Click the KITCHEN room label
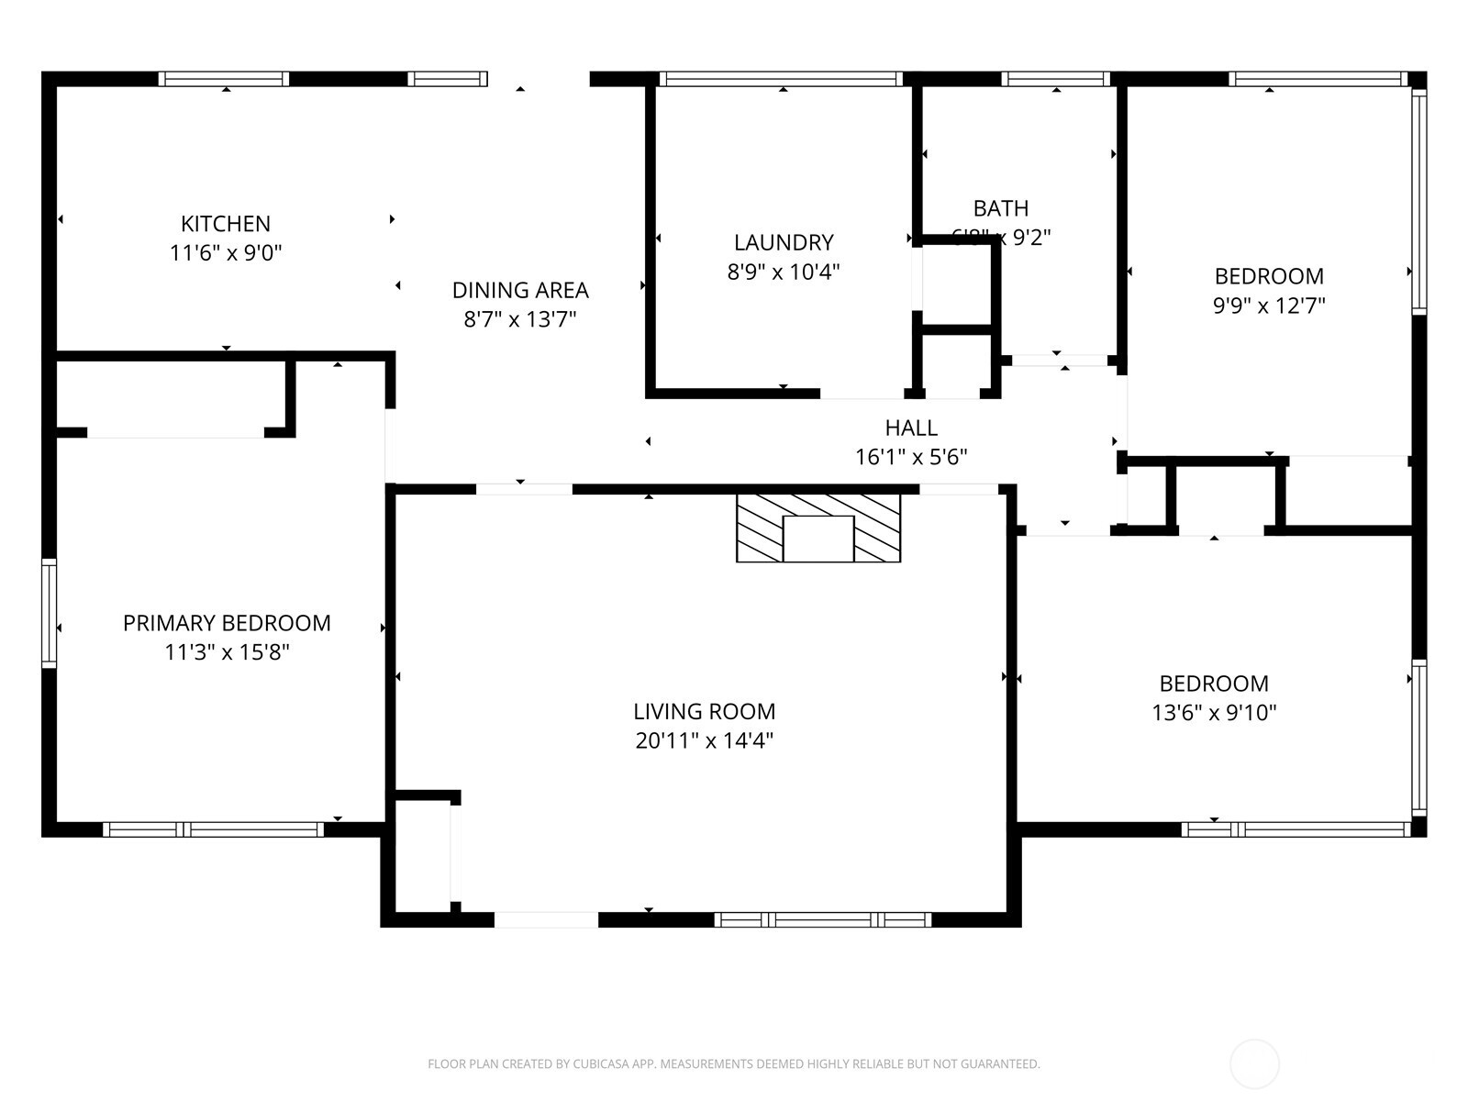226,224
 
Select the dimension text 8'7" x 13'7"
519,319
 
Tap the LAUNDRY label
784,242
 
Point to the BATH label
1001,208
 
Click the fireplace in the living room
818,528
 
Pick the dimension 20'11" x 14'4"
704,740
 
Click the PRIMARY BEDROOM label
227,623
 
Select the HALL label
911,428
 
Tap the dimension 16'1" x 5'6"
911,457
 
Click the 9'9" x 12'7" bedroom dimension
1269,306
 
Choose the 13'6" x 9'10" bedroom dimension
1214,713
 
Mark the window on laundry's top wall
781,80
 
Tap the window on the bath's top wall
1055,80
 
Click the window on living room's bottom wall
823,919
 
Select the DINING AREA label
520,290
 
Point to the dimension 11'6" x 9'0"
226,253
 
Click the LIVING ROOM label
704,711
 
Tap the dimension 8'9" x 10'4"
784,272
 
